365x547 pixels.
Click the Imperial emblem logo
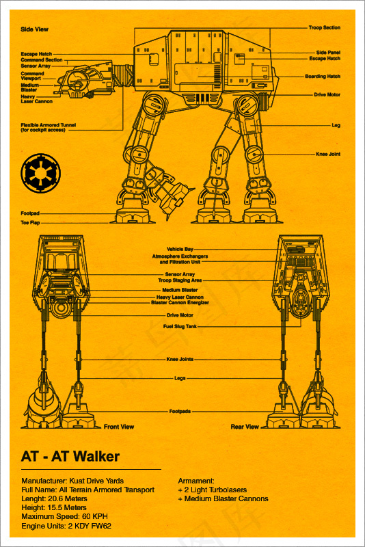coord(40,173)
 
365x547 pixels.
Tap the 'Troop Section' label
coord(324,27)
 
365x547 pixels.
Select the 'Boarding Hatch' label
coord(323,76)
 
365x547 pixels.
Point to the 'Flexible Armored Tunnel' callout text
coord(48,127)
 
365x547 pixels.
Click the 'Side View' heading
coord(34,29)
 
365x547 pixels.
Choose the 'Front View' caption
coord(119,426)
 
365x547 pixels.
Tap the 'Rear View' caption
coord(245,426)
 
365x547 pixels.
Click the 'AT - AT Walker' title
coord(70,456)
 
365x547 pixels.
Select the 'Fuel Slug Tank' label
coord(180,327)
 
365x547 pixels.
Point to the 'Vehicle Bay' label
coord(180,249)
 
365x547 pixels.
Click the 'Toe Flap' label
coord(30,223)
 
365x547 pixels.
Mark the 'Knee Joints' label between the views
coord(180,359)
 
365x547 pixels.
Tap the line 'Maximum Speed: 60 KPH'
coord(64,516)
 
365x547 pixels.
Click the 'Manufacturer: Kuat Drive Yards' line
coord(72,481)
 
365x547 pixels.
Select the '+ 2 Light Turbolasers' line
coord(213,490)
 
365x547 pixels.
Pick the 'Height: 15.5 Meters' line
coord(54,507)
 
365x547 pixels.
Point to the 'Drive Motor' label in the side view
coord(327,94)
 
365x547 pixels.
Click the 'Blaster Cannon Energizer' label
coord(180,302)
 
